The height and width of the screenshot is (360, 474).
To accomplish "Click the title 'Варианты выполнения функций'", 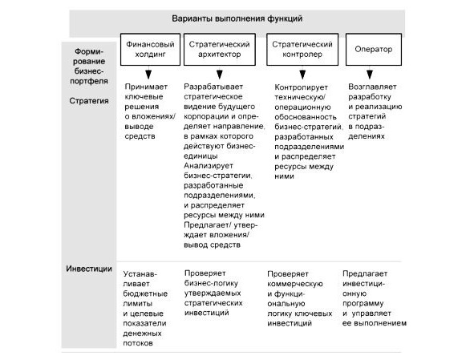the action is click(237, 18).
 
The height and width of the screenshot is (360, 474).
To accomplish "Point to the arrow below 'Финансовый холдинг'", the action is click(148, 73).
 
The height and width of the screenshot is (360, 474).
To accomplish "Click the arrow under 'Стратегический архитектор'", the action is click(220, 73).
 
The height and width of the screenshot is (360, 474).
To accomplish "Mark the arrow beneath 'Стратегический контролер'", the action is click(302, 73).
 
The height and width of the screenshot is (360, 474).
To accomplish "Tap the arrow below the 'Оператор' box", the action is click(370, 73).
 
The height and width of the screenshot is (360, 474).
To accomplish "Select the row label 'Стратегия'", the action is click(89, 101).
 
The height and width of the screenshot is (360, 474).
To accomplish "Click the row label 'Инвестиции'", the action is click(89, 269).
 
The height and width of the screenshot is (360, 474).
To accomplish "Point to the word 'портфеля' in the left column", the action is click(89, 81).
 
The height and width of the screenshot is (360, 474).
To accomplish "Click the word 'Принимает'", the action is click(146, 87).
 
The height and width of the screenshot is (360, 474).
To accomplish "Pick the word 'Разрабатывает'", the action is click(213, 87).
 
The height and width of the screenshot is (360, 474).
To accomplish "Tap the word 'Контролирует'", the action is click(301, 87).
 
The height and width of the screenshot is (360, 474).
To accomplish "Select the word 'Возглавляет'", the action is click(372, 87).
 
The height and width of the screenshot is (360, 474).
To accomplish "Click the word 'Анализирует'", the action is click(209, 166).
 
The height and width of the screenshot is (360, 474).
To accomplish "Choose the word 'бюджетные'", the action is click(145, 293).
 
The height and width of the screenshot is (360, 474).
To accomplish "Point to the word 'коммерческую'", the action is click(295, 284).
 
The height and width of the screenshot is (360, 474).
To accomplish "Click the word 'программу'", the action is click(363, 304).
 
